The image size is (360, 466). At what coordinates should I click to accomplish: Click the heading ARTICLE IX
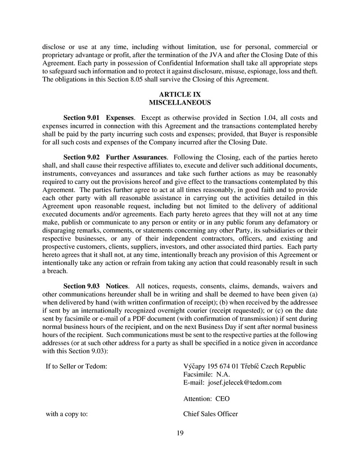180,94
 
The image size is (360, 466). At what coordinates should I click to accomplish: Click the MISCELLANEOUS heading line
180,102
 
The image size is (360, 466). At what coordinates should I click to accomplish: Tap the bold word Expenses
119,118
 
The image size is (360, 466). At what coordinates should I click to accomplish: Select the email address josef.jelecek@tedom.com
245,383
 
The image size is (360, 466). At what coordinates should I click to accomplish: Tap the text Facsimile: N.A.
206,374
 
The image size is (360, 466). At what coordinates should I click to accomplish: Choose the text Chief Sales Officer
210,414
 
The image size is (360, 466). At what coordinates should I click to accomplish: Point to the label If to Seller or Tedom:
77,366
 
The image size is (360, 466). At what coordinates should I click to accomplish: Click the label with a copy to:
67,414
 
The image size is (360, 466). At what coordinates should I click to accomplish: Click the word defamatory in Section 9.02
289,229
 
